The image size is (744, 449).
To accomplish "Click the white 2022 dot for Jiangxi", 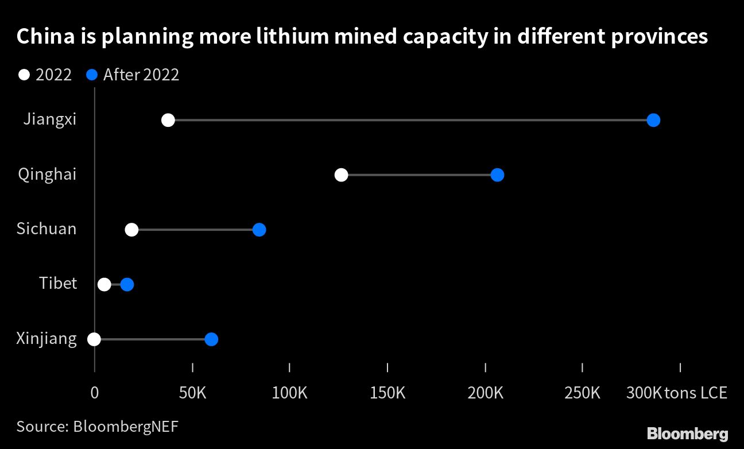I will pyautogui.click(x=168, y=120).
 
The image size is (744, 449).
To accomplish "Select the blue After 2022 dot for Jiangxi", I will pyautogui.click(x=653, y=120).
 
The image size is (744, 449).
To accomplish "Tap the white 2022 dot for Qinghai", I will pyautogui.click(x=341, y=175).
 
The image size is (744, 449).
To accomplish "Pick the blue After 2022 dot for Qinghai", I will pyautogui.click(x=497, y=175).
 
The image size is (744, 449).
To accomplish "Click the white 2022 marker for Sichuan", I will pyautogui.click(x=131, y=230).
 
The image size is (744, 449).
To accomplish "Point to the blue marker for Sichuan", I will pyautogui.click(x=259, y=230).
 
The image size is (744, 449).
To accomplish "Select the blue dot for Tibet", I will pyautogui.click(x=127, y=284).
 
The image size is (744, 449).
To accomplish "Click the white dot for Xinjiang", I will pyautogui.click(x=94, y=339).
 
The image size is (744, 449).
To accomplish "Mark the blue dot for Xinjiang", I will pyautogui.click(x=211, y=339).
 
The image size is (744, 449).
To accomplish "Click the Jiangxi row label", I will pyautogui.click(x=50, y=119).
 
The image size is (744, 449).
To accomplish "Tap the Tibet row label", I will pyautogui.click(x=58, y=283).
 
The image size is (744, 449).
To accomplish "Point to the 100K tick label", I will pyautogui.click(x=290, y=393).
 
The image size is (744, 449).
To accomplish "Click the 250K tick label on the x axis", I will pyautogui.click(x=583, y=393).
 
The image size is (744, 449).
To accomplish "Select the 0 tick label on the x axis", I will pyautogui.click(x=94, y=393).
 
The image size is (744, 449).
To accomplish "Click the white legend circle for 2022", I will pyautogui.click(x=24, y=75).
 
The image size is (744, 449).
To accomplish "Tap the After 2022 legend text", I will pyautogui.click(x=141, y=75).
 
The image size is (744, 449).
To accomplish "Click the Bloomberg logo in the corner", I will pyautogui.click(x=687, y=433).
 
